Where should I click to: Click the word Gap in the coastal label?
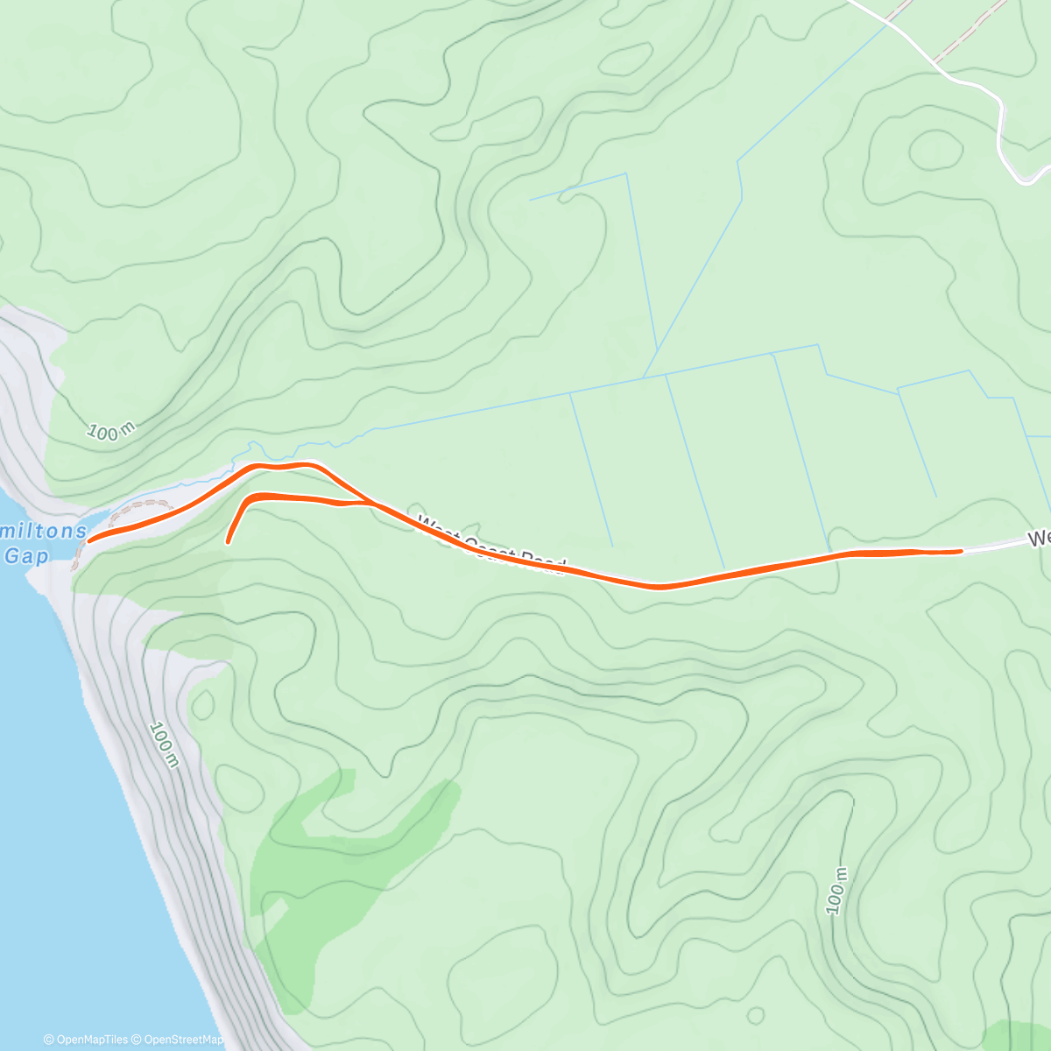[x=26, y=555]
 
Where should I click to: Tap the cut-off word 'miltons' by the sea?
[x=44, y=531]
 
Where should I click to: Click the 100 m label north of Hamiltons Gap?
[x=111, y=431]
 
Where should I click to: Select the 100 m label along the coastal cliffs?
[x=164, y=744]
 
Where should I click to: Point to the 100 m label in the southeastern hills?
[x=836, y=892]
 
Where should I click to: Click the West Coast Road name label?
[x=492, y=545]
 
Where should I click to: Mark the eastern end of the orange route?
[x=961, y=551]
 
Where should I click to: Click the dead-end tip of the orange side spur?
[x=228, y=542]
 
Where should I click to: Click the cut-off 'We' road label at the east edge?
[x=1039, y=537]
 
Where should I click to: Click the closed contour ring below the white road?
[x=935, y=151]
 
